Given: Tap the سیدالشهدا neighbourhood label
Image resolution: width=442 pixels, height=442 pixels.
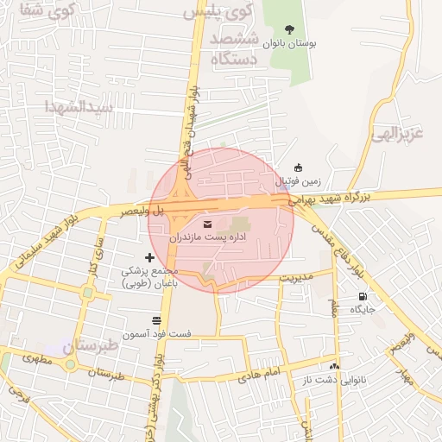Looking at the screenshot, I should pos(79,108).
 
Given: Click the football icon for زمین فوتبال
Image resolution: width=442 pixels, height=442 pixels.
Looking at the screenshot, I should pos(299,167).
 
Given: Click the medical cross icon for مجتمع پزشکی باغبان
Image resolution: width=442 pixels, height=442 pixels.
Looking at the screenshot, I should pos(149,257).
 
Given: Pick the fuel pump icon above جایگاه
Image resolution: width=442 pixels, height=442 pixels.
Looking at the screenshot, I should pos(361,297).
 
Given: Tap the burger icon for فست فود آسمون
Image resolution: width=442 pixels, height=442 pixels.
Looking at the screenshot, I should pos(155,321).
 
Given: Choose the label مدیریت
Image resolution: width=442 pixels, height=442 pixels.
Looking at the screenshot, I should pos(294,278).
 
